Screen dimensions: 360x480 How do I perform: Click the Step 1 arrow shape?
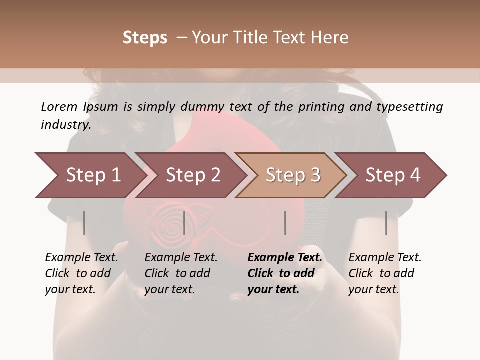pos(90,175)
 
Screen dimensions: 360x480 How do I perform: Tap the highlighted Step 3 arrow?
pos(292,175)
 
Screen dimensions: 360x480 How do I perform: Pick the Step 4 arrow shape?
pos(392,175)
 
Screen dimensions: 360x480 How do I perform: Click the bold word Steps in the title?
pos(145,37)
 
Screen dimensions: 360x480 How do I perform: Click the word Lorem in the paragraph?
pos(59,106)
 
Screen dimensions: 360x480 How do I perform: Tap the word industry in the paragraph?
pos(66,125)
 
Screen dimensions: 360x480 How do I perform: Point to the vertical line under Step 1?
pos(84,223)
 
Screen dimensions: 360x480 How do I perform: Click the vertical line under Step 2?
pos(185,223)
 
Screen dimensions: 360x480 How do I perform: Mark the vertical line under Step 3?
pos(285,223)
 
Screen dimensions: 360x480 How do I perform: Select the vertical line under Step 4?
pos(386,223)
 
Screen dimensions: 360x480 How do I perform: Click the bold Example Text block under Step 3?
pos(284,273)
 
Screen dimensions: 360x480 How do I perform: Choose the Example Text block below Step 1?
pos(81,273)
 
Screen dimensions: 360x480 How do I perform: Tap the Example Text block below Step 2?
pos(180,273)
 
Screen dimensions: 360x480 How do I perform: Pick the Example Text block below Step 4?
pos(384,273)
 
